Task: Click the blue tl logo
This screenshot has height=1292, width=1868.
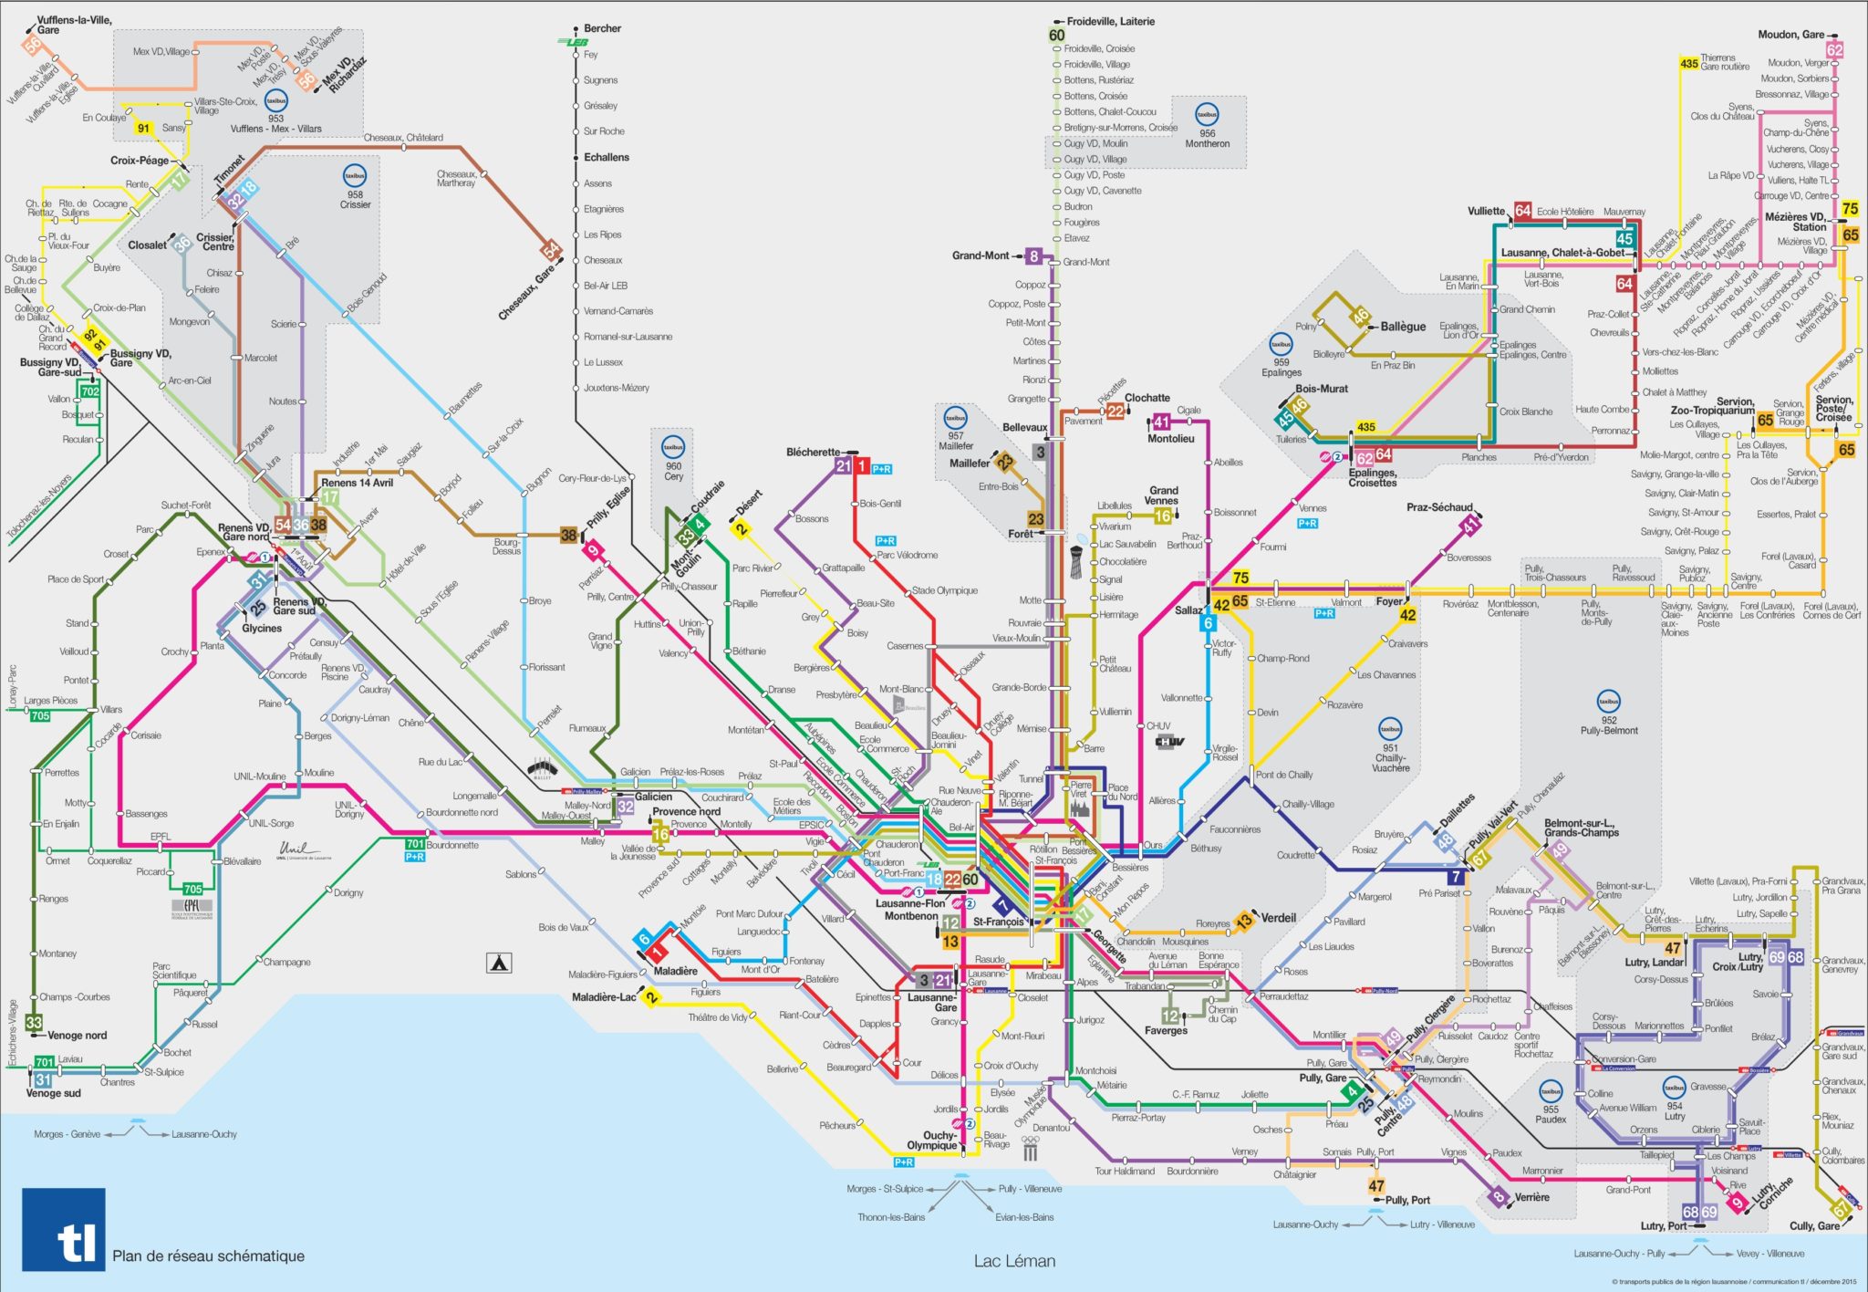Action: coord(64,1229)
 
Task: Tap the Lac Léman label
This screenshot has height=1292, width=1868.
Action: coord(1014,1261)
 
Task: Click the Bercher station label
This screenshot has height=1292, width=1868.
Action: coord(602,28)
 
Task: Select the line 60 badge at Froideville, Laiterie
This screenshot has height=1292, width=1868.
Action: coord(1056,36)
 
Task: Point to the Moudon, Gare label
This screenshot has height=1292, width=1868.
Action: coord(1790,35)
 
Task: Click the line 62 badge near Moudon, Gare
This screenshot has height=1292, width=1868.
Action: coord(1834,50)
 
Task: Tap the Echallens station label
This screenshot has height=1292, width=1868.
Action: coord(607,157)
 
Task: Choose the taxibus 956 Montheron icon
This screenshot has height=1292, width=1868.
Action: coord(1207,115)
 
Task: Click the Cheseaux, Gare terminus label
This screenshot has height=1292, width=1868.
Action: coord(525,293)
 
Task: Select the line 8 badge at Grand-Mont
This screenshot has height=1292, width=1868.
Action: coord(1033,256)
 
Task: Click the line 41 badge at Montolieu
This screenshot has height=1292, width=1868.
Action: coord(1161,422)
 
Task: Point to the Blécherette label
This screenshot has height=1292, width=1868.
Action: coord(813,452)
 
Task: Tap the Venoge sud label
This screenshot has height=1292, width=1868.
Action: coord(53,1093)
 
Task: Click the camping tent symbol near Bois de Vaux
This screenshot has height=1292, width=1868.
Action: coord(499,962)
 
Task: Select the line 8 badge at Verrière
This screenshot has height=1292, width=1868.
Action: coord(1497,1197)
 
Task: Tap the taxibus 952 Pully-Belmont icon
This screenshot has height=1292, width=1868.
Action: coord(1608,702)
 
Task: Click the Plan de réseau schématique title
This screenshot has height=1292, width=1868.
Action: coord(208,1256)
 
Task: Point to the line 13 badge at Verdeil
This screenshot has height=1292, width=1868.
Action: coord(1244,922)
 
